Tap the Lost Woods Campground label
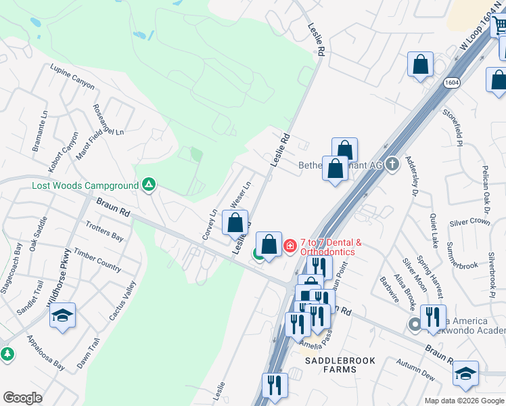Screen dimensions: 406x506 pyautogui.click(x=85, y=185)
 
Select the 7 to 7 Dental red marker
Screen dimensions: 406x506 pyautogui.click(x=290, y=245)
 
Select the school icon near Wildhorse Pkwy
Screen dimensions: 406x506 pyautogui.click(x=62, y=316)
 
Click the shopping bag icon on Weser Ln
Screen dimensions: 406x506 pyautogui.click(x=235, y=223)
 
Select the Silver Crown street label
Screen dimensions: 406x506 pyautogui.click(x=469, y=222)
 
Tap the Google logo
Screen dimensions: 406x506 pyautogui.click(x=22, y=398)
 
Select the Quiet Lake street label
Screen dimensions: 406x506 pyautogui.click(x=434, y=227)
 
